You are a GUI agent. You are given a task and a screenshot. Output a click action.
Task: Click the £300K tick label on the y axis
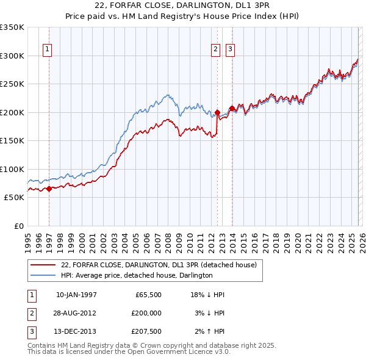[x=12, y=56]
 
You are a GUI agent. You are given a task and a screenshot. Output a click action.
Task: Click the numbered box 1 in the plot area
[x=48, y=51]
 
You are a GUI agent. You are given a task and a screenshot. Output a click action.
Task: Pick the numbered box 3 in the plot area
[x=231, y=51]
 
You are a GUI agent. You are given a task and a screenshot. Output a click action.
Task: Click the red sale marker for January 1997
[x=49, y=189]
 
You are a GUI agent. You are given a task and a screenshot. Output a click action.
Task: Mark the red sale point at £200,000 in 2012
[x=217, y=112]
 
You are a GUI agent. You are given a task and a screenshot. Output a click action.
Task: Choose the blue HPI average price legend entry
[x=136, y=275]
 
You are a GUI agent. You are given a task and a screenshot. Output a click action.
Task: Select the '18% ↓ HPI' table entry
[x=208, y=295]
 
